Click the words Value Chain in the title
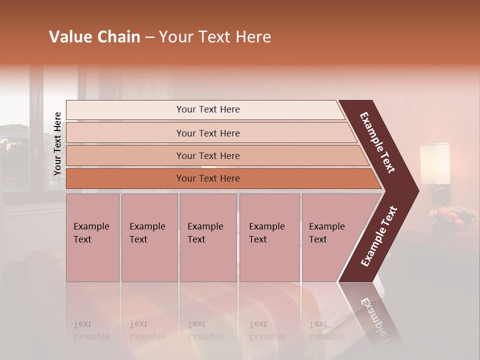pos(94,37)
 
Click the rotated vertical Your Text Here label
pos(57,143)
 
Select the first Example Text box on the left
pos(92,237)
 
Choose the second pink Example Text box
pos(149,237)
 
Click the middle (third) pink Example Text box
pos(208,237)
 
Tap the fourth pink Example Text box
pos(269,237)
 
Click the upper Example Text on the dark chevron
pos(378,142)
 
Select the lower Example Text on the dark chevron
pos(379,236)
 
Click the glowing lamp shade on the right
pos(435,163)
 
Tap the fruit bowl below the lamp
pos(451,216)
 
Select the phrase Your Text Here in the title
pos(215,37)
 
